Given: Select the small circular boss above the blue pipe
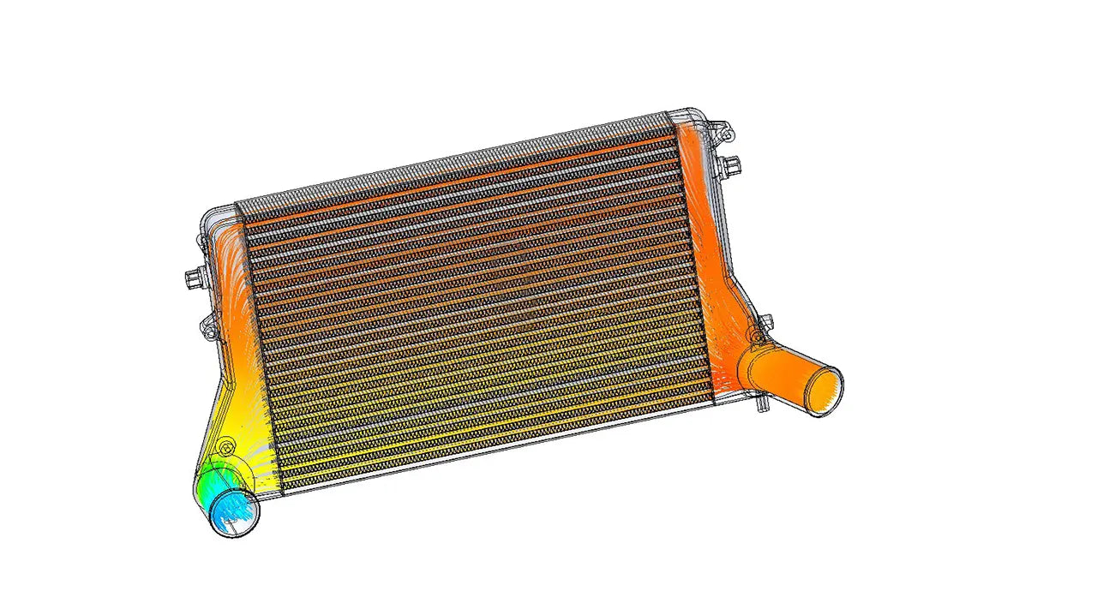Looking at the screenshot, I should coord(225,446).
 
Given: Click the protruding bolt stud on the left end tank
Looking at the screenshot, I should coord(192,278).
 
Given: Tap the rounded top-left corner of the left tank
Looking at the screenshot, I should coord(209,215).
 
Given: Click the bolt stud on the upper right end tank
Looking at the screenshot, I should coord(731,163).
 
